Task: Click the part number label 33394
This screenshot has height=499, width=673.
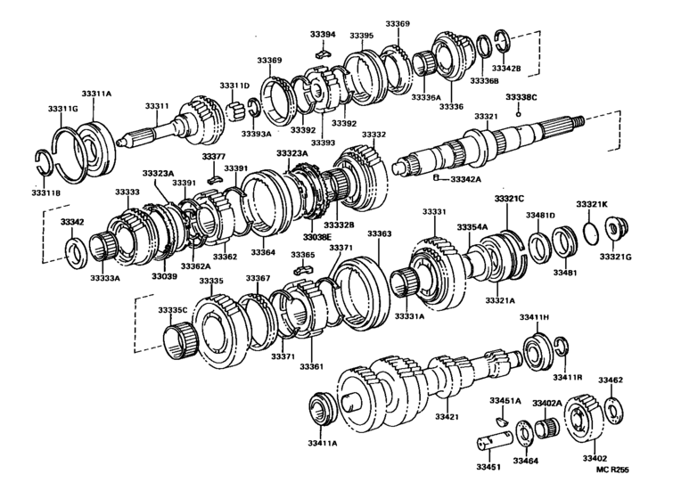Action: point(323,35)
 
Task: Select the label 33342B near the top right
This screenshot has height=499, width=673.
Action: point(506,68)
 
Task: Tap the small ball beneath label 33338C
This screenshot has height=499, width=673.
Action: point(519,113)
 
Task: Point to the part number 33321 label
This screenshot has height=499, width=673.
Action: point(486,117)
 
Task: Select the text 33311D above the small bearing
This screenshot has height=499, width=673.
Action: point(234,86)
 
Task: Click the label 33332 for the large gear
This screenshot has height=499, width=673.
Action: point(373,135)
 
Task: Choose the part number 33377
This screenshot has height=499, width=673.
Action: point(213,156)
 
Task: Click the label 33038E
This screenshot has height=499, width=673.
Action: point(316,237)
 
